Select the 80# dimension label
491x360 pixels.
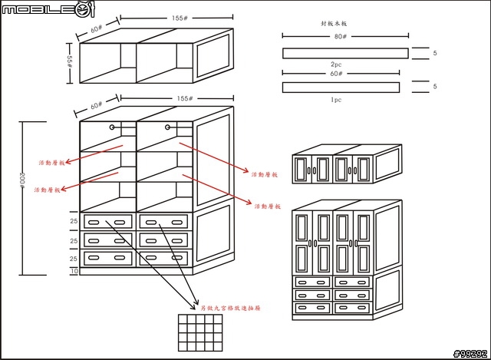coord(339,35)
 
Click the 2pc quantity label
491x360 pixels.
coord(336,64)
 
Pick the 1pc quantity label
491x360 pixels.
coord(336,100)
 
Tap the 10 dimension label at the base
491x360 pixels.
coord(74,271)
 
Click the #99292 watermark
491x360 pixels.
coord(470,353)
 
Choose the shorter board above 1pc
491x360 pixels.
coord(341,87)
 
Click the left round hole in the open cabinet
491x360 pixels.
coord(113,127)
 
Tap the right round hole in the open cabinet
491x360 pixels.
coord(166,127)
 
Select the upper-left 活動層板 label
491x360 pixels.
coord(51,163)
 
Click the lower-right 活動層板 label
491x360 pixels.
coord(269,206)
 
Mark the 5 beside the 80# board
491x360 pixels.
coord(434,53)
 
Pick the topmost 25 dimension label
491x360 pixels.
coord(74,222)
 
